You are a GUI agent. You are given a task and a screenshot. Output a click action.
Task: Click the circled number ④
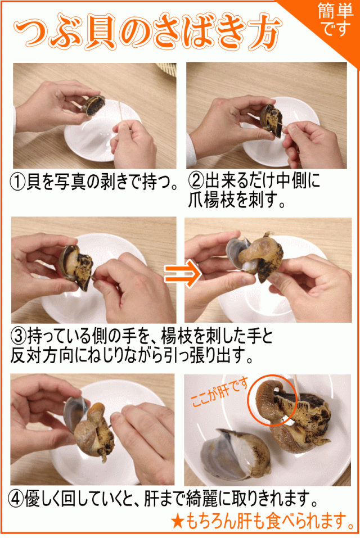click(17, 498)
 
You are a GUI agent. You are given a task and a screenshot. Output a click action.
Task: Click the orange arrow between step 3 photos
click(179, 274)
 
